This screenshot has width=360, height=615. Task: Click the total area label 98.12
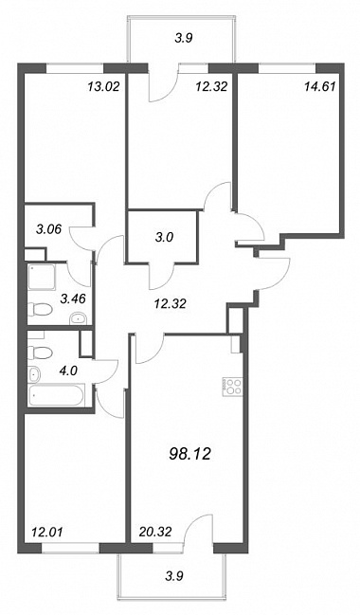point(189,454)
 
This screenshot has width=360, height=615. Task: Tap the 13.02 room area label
point(103,86)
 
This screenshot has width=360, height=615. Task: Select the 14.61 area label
point(320,86)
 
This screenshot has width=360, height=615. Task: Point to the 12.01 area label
point(45,533)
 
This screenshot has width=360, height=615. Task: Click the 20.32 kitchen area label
point(155,533)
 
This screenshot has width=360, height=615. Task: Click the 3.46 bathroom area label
point(73,299)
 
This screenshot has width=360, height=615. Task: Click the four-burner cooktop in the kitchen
point(232,387)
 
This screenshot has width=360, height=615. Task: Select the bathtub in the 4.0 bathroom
point(56,396)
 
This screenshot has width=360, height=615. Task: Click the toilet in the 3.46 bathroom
point(41,310)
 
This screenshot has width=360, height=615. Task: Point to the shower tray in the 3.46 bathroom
point(42,277)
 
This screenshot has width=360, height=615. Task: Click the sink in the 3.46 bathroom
point(80,318)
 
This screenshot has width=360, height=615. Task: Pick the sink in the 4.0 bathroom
point(34,374)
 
